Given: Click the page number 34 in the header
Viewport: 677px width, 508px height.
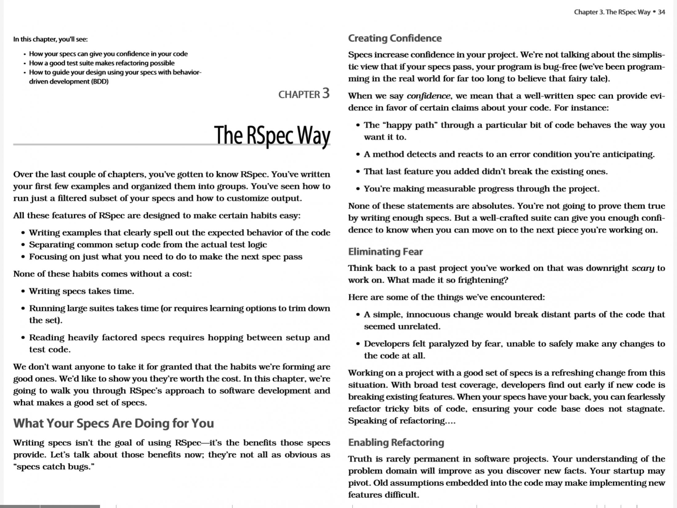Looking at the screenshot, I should tap(661, 12).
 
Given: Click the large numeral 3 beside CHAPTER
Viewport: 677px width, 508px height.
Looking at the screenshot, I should tap(326, 93).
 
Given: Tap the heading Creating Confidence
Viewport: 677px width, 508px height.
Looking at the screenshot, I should tap(395, 38).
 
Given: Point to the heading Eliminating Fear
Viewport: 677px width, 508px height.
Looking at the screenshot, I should tap(385, 252).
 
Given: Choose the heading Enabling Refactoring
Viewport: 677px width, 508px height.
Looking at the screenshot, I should tap(396, 442).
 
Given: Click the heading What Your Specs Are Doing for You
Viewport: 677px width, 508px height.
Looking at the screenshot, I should tap(113, 423).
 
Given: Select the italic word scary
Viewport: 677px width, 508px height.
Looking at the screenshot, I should tap(643, 268).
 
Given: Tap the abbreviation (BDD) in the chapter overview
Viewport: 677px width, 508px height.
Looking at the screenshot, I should tap(100, 82).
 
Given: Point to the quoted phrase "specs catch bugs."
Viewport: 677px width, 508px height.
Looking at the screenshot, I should tap(54, 467).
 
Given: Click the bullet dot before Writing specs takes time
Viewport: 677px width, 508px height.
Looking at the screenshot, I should tap(23, 291).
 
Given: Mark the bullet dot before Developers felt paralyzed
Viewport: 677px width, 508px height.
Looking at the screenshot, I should tap(358, 344).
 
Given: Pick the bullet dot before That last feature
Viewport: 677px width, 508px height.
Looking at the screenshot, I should tap(358, 172).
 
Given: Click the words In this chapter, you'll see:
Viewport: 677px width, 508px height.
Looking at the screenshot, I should tap(50, 39).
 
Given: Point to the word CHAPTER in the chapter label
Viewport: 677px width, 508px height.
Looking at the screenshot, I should tap(299, 95).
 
